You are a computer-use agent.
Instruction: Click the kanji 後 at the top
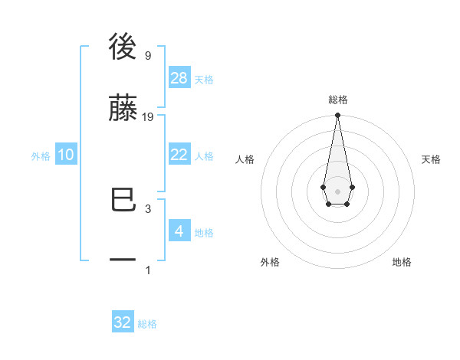[x=123, y=47]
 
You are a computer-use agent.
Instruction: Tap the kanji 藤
[x=123, y=107]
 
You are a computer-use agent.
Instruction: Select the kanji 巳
[x=123, y=201]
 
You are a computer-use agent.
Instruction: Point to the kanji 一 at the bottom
[x=123, y=260]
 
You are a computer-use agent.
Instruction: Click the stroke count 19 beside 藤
[x=148, y=117]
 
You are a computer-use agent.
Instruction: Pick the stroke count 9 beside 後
[x=147, y=56]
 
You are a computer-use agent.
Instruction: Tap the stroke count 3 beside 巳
[x=147, y=208]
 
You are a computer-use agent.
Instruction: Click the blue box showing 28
[x=179, y=77]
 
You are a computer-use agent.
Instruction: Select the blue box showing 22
[x=179, y=155]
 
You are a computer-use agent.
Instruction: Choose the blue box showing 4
[x=179, y=231]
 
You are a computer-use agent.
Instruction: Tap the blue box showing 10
[x=66, y=155]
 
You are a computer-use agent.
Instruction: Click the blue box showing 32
[x=123, y=322]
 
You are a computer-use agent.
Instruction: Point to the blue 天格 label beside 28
[x=204, y=80]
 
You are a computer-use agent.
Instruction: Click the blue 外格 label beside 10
[x=41, y=156]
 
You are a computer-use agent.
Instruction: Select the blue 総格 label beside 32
[x=147, y=324]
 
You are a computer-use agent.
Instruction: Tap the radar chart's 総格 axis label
[x=337, y=100]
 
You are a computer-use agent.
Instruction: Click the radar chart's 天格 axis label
[x=432, y=159]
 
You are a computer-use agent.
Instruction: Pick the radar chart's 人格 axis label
[x=245, y=159]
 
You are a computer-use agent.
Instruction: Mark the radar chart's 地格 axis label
[x=402, y=262]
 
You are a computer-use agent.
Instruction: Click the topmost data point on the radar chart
[x=337, y=116]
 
